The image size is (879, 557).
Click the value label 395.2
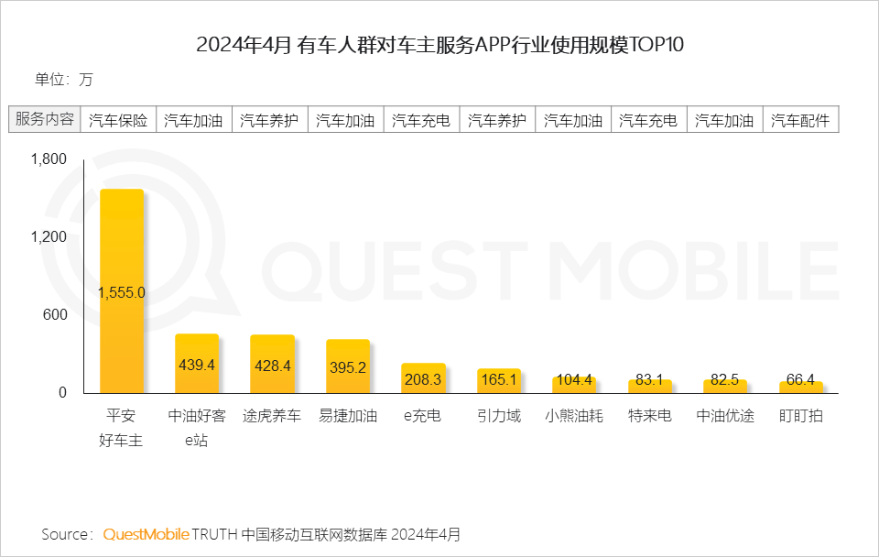[x=348, y=366]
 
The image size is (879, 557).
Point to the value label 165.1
[x=499, y=378]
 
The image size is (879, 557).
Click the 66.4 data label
[x=801, y=378]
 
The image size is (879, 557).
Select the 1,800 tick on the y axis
[x=49, y=159]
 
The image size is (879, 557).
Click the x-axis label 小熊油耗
[x=574, y=416]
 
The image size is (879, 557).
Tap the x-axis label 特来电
[x=650, y=416]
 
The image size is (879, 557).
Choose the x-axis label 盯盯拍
[x=801, y=416]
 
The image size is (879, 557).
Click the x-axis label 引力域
[x=499, y=416]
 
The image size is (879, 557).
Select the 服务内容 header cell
[x=45, y=119]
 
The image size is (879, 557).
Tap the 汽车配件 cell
[x=800, y=120]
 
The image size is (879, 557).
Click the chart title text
[x=440, y=45]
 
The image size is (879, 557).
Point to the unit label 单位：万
[x=64, y=79]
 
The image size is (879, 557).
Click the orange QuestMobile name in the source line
[x=146, y=534]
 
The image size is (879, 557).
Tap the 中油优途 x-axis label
[x=725, y=416]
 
